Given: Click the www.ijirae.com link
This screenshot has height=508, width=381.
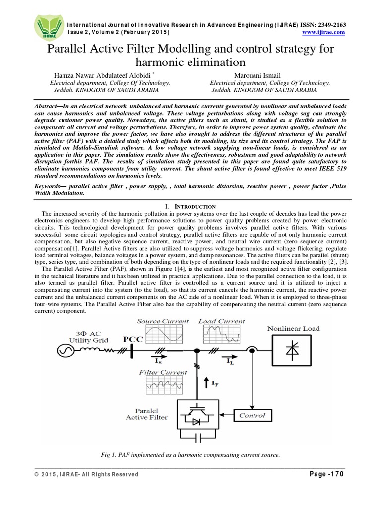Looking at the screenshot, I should (x=323, y=32).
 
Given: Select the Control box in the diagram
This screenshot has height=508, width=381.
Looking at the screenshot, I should (x=252, y=415).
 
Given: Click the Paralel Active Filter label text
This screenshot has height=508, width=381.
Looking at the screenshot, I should (x=147, y=414).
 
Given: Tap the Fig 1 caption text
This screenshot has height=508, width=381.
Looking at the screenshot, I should (x=190, y=454).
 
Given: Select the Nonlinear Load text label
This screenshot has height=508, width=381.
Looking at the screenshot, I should (x=293, y=328).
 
